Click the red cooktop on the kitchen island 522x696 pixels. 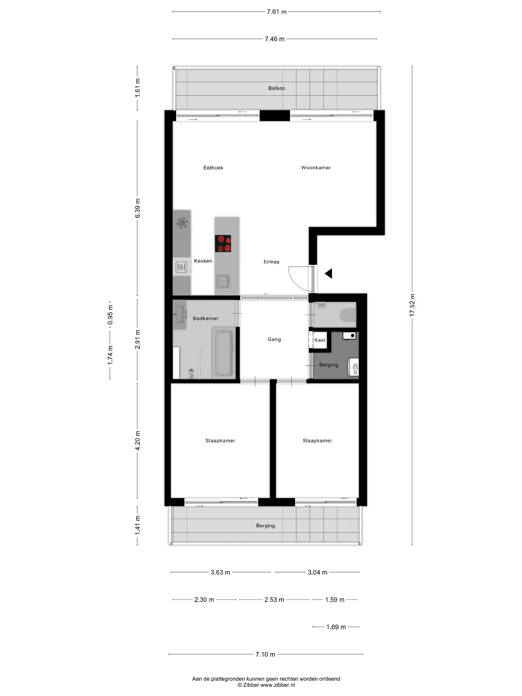tap(223, 243)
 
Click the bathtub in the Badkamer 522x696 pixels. tap(224, 353)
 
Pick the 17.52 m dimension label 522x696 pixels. tap(412, 305)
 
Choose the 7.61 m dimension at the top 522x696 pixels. tap(277, 12)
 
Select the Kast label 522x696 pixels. tap(320, 340)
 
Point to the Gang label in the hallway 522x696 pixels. tap(274, 339)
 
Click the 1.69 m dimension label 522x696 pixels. tap(336, 627)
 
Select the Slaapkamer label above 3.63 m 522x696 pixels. tap(220, 440)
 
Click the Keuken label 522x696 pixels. tap(203, 261)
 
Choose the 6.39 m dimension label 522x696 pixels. tap(137, 208)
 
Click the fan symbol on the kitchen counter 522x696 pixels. tap(182, 223)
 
